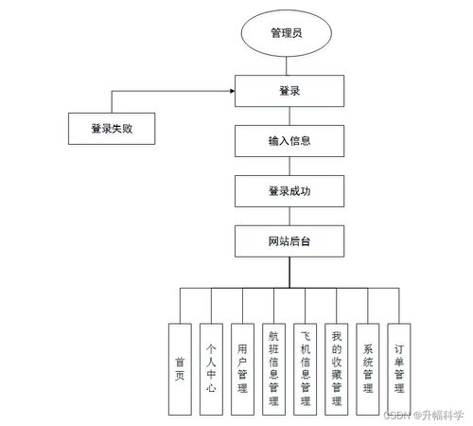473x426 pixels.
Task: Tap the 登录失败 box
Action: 112,129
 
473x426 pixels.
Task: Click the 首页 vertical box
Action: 179,369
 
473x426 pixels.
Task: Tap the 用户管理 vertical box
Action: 243,369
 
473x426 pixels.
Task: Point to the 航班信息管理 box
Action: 274,369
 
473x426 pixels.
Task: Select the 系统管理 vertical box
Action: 368,369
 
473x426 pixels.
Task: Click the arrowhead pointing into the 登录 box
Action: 232,92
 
